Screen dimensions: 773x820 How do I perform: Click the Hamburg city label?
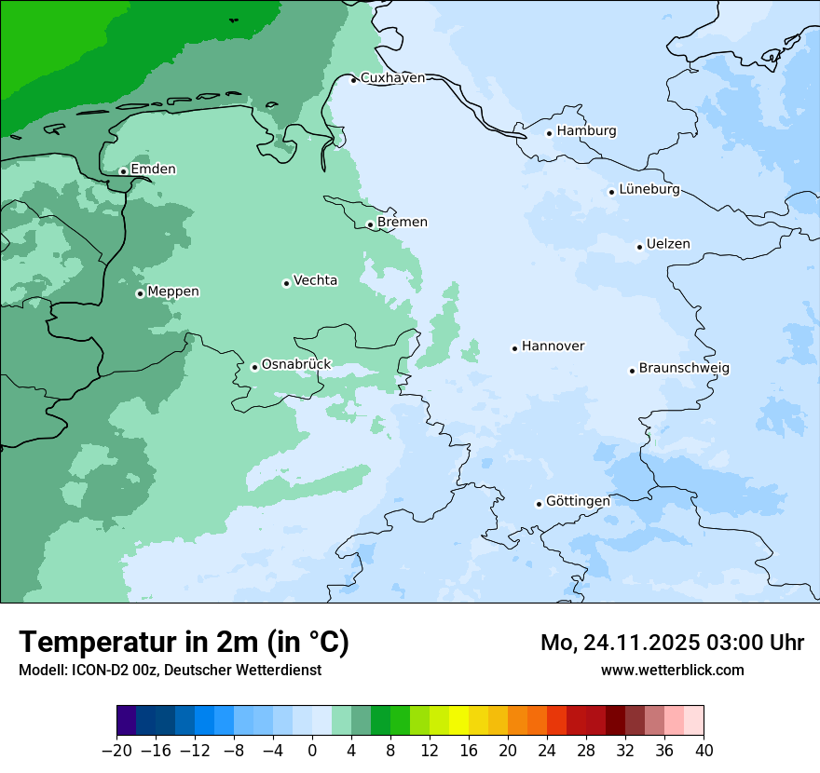pos(586,131)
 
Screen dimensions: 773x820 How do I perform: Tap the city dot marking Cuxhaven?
pos(353,80)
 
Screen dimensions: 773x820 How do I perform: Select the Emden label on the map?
pos(153,170)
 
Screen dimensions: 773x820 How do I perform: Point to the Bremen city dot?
pos(370,224)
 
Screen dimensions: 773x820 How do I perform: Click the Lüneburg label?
pos(649,190)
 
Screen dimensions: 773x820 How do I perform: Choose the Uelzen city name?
pos(668,245)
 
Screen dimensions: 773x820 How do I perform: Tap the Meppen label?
pos(173,292)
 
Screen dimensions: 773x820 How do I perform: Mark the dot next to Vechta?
pos(286,283)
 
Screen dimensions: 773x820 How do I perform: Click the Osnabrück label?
pos(296,365)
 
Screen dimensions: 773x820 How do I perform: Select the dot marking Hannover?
pos(514,348)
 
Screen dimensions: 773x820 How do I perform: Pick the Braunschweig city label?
pos(684,369)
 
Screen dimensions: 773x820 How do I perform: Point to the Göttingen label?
pos(578,502)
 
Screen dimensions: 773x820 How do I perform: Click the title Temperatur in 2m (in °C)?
pos(184,643)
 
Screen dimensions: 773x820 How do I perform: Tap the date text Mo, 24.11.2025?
pos(623,643)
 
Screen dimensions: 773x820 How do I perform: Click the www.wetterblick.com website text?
pos(672,671)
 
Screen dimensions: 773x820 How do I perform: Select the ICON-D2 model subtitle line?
pos(170,671)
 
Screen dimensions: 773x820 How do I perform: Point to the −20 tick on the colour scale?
pos(117,751)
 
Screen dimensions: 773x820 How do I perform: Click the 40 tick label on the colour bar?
pos(704,751)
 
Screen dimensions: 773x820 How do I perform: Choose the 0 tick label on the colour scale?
pos(312,751)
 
